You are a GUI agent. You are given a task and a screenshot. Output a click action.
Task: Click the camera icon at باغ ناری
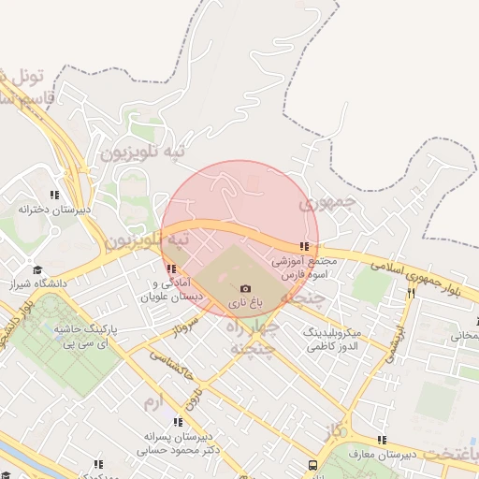[245, 289]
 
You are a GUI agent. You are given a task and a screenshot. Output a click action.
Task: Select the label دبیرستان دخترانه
[54, 210]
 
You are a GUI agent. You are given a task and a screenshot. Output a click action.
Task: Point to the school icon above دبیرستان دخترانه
[54, 196]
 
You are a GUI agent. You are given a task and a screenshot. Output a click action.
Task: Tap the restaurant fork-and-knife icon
[410, 293]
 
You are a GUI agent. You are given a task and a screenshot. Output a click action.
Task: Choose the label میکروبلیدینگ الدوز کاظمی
[337, 340]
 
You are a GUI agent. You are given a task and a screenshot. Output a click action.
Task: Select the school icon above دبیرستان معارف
[381, 440]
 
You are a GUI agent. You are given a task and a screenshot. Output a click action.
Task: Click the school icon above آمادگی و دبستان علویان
[171, 269]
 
